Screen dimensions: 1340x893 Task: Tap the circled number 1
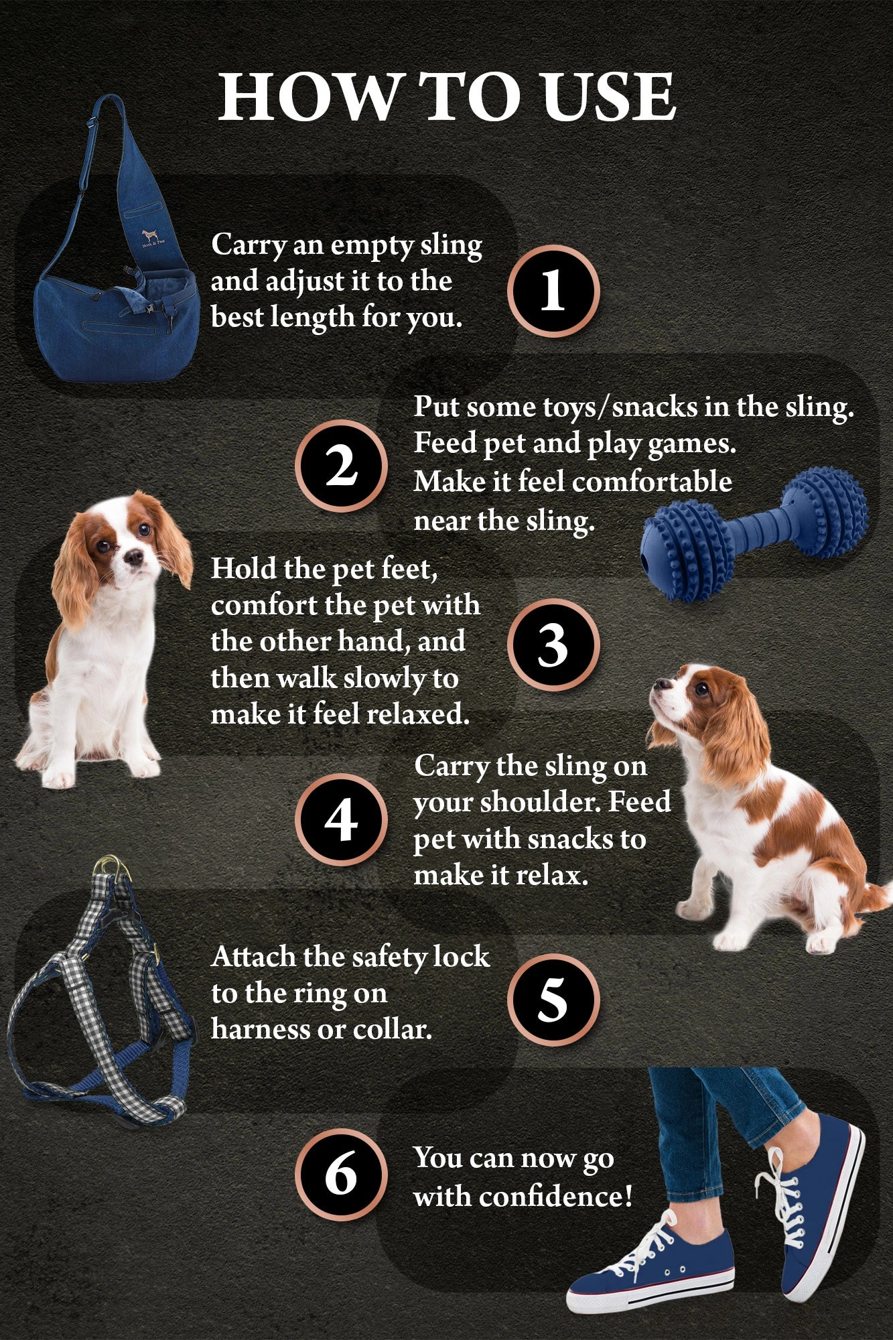point(553,291)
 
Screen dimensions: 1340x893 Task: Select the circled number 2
point(341,466)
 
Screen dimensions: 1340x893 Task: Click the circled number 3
point(553,645)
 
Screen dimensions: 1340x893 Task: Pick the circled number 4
point(341,820)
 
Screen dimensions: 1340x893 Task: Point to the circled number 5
point(553,1000)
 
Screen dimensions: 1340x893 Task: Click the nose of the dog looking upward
point(657,683)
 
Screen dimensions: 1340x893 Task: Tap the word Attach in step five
point(253,957)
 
